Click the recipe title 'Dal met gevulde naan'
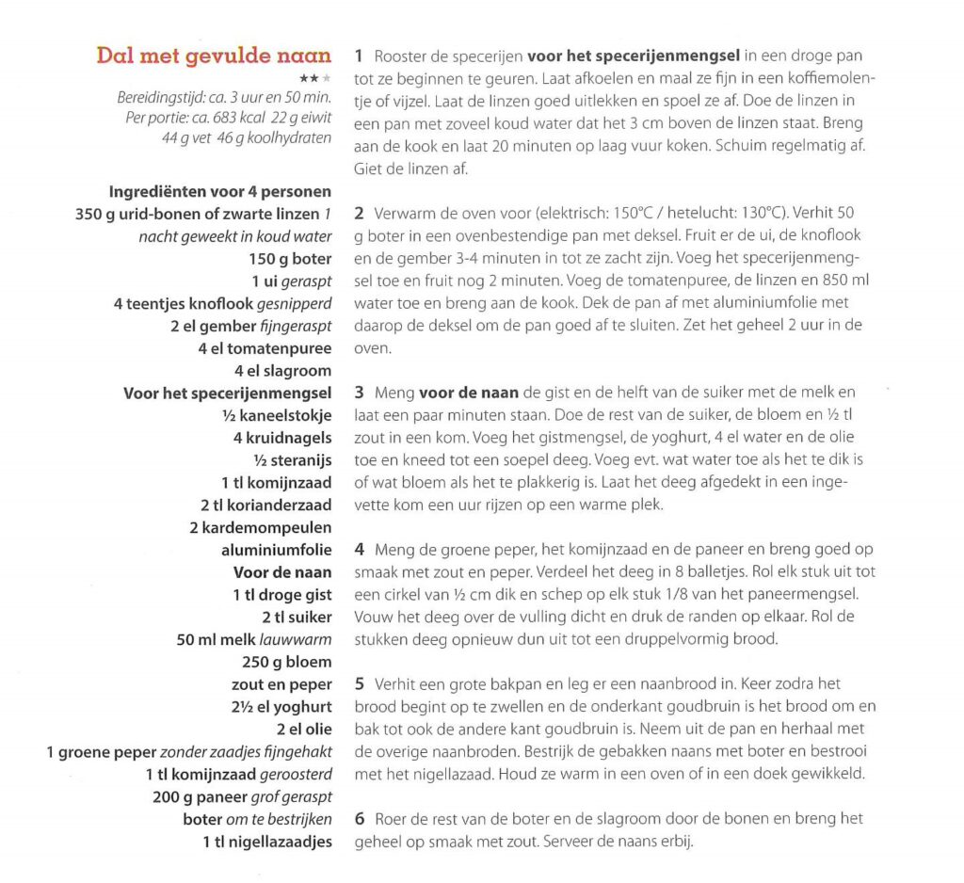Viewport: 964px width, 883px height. coord(214,56)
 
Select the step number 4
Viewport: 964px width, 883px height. coord(360,548)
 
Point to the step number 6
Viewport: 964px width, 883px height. coord(360,819)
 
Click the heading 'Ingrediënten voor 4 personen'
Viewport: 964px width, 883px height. coord(220,191)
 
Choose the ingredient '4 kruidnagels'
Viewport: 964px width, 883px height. coord(282,438)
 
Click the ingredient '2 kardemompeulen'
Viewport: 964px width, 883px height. coord(261,527)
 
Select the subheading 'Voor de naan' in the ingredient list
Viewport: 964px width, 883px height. coord(282,571)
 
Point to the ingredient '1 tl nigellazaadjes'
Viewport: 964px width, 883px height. coord(267,842)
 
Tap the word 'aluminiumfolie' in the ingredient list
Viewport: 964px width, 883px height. coord(277,550)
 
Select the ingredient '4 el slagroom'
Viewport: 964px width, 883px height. coord(282,371)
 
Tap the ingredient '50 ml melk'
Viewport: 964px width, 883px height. coord(212,639)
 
